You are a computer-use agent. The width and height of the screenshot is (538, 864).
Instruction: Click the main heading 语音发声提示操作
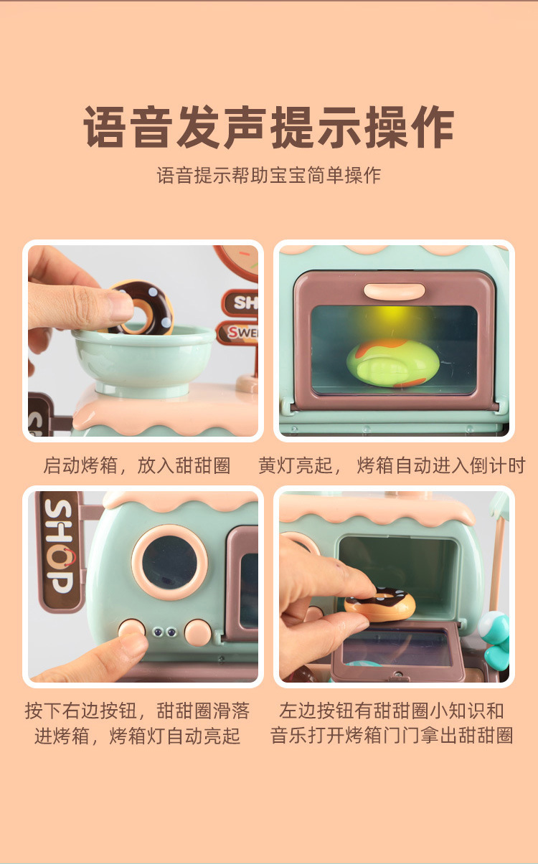pos(268,127)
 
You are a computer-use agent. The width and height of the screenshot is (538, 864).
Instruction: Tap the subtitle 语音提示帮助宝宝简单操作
pos(268,176)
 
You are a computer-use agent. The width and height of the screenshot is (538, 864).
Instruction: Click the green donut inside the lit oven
pos(392,363)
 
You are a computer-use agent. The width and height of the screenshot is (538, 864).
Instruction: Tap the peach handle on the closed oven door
pos(394,291)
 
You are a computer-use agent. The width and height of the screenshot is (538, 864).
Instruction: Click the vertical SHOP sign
pos(59,551)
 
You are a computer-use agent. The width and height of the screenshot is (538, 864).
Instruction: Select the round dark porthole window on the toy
pos(169,562)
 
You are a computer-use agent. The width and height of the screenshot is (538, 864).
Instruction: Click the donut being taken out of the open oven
pos(379,604)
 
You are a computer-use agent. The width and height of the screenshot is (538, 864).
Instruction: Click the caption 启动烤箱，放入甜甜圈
pos(137,465)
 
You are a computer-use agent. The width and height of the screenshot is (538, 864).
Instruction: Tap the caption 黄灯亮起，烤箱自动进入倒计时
pos(392,465)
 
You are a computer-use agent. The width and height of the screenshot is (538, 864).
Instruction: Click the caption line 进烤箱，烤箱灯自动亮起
pos(137,736)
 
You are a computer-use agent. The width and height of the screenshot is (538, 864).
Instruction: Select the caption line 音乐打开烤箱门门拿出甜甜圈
pos(392,735)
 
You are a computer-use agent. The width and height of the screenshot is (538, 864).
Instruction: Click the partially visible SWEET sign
pos(237,333)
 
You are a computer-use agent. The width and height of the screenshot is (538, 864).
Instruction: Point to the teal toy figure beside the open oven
pos(495,637)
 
